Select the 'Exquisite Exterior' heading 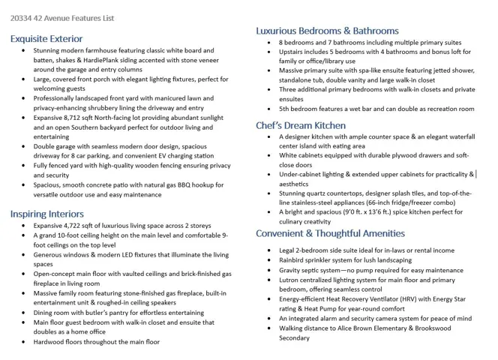pyautogui.click(x=46, y=38)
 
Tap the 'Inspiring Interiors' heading pyautogui.click(x=46, y=214)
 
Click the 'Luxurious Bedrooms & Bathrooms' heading pyautogui.click(x=327, y=31)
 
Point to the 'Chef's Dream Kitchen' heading pyautogui.click(x=301, y=125)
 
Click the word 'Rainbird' pyautogui.click(x=294, y=260)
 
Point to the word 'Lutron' pyautogui.click(x=290, y=280)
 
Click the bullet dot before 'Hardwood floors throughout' pyautogui.click(x=24, y=342)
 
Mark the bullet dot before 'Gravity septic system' pyautogui.click(x=270, y=270)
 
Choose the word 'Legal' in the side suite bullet pyautogui.click(x=289, y=250)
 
